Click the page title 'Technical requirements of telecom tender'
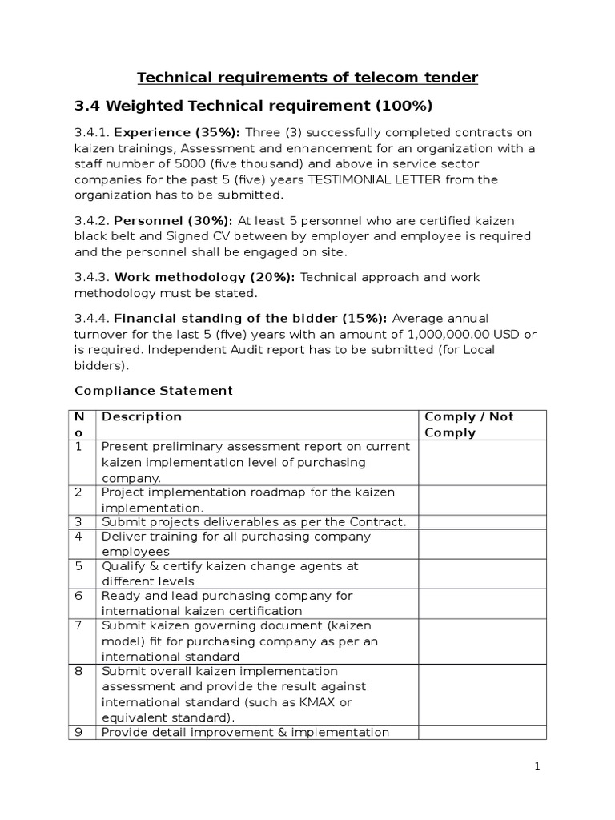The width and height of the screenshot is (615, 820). click(x=307, y=77)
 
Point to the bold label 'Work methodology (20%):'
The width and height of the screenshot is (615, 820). click(x=205, y=277)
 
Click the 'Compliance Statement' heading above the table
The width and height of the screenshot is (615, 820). click(x=153, y=391)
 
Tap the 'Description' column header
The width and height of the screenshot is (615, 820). click(x=142, y=417)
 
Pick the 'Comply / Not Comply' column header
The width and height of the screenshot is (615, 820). click(x=468, y=424)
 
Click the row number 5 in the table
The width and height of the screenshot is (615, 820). click(x=79, y=566)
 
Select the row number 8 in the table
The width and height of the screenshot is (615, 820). click(x=79, y=671)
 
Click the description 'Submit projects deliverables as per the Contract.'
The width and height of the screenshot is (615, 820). click(x=254, y=522)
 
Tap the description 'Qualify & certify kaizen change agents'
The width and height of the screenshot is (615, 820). click(x=230, y=566)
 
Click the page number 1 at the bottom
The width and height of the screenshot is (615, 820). click(x=538, y=767)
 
